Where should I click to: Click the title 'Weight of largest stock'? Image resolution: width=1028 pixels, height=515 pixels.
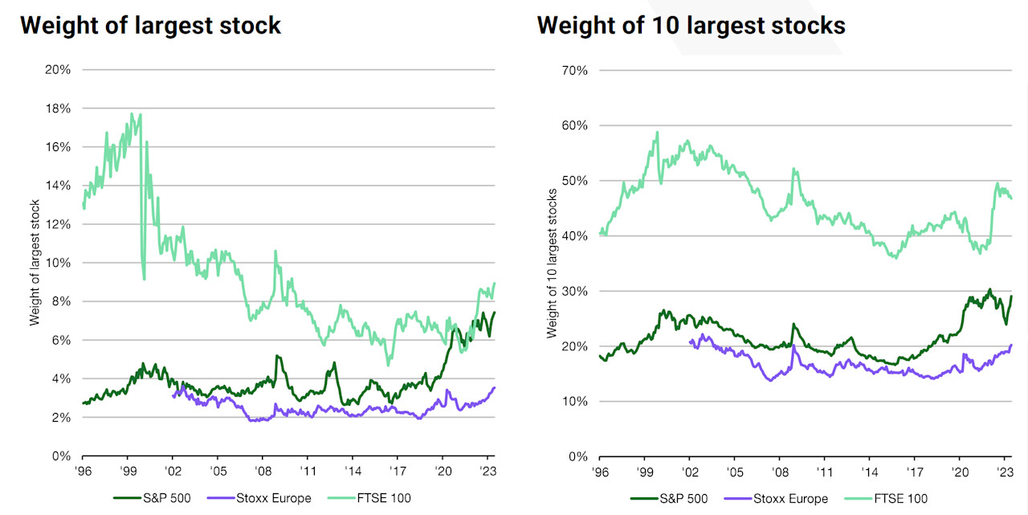(150, 25)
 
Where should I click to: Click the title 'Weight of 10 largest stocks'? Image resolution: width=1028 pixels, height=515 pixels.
(691, 25)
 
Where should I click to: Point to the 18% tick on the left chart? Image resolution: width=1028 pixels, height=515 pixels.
(59, 108)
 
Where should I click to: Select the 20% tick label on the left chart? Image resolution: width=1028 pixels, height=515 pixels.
(59, 70)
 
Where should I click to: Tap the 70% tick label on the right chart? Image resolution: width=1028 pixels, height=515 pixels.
(575, 70)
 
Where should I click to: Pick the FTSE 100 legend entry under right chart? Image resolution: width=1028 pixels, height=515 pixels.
(900, 499)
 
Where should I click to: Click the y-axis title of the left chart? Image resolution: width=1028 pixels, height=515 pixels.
(35, 263)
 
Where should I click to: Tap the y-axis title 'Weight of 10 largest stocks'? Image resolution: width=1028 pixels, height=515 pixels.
(551, 263)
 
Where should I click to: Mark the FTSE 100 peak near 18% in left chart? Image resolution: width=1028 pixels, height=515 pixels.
(132, 114)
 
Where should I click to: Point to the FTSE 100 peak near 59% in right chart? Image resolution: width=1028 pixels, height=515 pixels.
(657, 133)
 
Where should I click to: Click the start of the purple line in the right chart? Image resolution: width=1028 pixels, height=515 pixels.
(690, 341)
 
